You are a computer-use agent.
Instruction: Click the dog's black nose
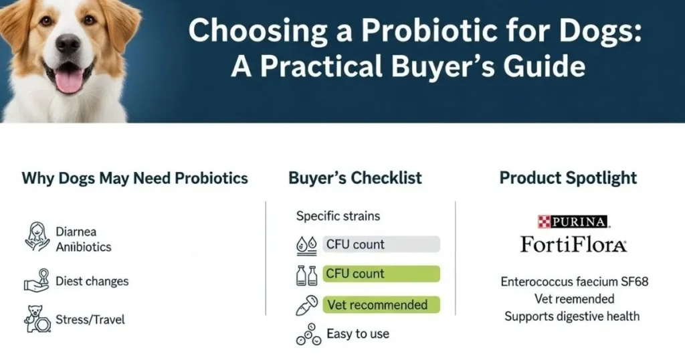68,45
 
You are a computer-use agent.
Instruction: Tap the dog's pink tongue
68,80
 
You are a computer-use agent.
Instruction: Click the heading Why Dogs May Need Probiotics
134,179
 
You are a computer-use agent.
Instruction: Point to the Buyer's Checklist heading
355,178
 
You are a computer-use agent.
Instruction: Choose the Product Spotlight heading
568,179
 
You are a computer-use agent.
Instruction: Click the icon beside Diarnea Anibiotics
37,238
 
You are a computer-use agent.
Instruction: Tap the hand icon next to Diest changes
37,280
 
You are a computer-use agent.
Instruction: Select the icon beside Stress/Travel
37,319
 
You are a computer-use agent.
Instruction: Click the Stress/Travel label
90,319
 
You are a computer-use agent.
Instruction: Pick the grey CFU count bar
381,244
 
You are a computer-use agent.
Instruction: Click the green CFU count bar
381,274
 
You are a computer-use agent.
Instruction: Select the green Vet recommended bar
381,304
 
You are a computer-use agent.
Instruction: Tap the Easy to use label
358,333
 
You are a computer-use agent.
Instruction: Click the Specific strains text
338,217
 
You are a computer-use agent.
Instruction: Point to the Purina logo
573,221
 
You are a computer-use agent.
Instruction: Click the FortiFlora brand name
573,245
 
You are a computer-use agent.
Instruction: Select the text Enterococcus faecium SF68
574,282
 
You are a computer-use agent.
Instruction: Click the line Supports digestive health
572,316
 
